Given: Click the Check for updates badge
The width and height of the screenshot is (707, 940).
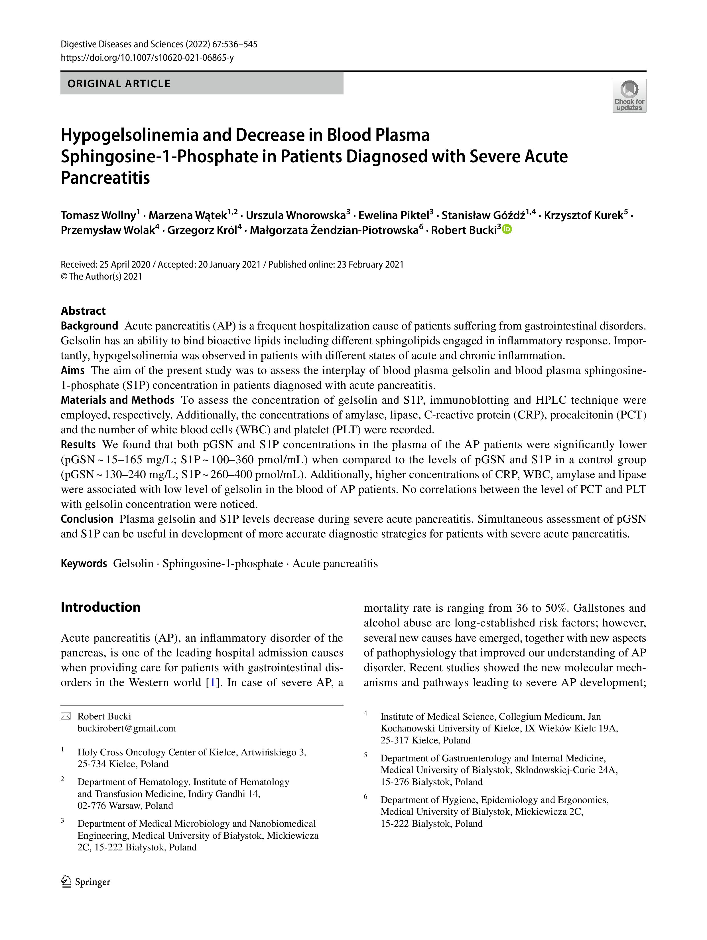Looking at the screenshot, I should point(629,96).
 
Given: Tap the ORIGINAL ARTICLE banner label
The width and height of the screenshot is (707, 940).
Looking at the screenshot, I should point(119,84).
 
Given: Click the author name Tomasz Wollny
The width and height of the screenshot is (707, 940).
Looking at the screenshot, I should point(98,215).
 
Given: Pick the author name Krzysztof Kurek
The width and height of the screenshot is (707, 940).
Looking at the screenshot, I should point(583,215).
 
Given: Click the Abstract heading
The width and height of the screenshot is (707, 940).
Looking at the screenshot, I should point(83,311).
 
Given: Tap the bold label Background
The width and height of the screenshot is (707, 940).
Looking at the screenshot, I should point(89,326).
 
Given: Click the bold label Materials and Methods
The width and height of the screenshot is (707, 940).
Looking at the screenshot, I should point(117,400).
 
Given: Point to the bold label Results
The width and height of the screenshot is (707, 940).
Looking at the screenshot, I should point(78,444).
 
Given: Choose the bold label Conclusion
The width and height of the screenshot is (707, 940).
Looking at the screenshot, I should point(87,519).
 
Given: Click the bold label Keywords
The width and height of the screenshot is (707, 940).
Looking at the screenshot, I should point(84,563).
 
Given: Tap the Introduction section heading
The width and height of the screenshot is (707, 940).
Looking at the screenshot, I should point(101,607).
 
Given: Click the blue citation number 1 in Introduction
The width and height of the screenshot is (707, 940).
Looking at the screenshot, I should point(213,682).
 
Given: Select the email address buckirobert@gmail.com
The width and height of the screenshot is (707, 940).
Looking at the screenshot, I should point(127,728).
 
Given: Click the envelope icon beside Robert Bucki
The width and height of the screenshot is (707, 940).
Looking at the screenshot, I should point(66,716).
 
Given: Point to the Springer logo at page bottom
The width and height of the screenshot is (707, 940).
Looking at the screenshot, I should point(86,882).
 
